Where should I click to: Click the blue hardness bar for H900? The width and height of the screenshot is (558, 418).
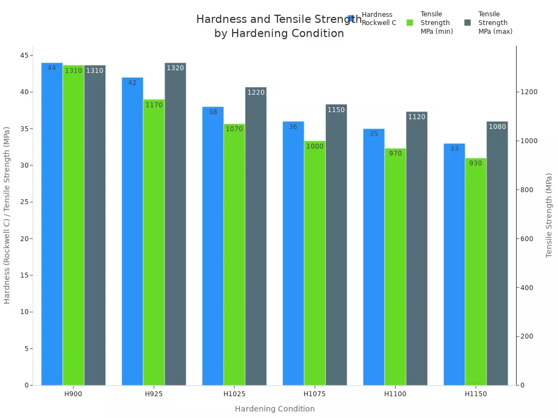pos(52,224)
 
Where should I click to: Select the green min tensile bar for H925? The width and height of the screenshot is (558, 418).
pos(154,242)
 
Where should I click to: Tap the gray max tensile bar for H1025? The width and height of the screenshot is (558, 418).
pos(256,236)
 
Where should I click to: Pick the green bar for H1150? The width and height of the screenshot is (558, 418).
pos(475,272)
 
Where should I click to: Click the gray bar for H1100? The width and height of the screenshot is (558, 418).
pos(416,248)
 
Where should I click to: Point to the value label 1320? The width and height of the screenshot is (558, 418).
pos(175,68)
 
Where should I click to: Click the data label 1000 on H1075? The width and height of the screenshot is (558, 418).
pos(314,146)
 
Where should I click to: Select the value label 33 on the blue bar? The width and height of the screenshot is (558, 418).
pos(454,149)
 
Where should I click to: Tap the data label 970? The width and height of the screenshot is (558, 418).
pos(395,153)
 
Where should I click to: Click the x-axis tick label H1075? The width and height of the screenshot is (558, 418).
pos(314,394)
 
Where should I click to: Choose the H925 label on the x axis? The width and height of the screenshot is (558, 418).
pos(154,394)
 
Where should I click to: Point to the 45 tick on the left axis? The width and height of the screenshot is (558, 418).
pos(25,55)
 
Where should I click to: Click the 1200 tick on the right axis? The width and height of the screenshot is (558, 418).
pos(529,92)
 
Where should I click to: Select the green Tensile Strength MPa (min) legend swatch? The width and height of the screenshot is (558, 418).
pos(410,23)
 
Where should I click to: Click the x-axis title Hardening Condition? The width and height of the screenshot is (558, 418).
pos(275,409)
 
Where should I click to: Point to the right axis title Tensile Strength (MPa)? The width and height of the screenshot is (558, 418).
pos(549,215)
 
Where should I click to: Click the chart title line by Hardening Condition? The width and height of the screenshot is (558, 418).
pos(279,33)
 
